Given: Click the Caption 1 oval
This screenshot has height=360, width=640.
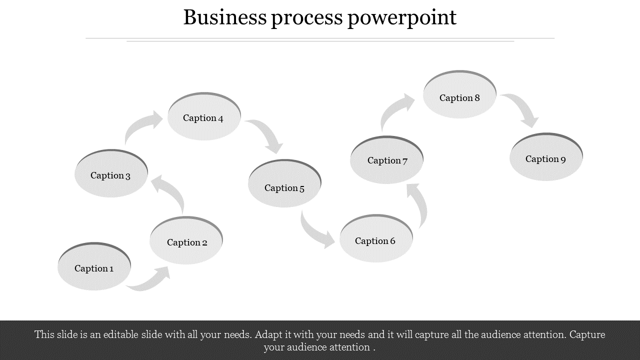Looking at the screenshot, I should click(x=94, y=267).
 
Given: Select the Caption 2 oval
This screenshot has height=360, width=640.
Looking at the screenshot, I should click(x=186, y=241).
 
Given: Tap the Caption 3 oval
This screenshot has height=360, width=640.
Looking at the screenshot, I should click(x=111, y=174).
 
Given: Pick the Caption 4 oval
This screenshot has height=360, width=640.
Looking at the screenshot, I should click(x=204, y=117).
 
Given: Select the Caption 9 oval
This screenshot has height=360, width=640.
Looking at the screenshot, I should click(x=546, y=158).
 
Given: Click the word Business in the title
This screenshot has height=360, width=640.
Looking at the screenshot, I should click(x=224, y=17).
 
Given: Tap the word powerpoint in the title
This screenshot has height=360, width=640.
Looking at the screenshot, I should click(x=401, y=18).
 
